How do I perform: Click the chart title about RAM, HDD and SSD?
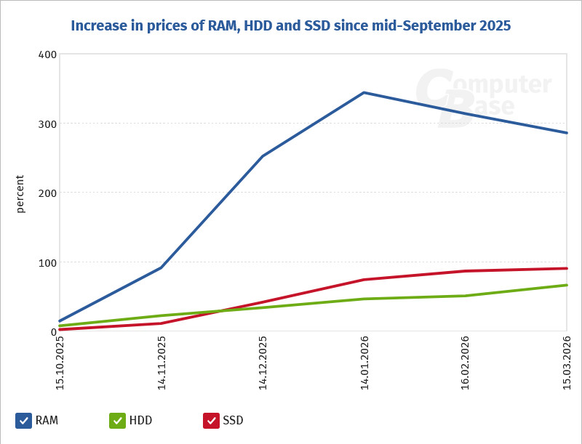click(x=291, y=26)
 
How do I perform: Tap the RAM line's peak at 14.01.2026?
click(x=364, y=92)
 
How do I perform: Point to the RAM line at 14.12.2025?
click(x=263, y=156)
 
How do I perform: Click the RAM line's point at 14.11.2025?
click(x=162, y=267)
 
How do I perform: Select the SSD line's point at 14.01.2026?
click(x=364, y=280)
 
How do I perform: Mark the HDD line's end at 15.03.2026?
click(x=566, y=285)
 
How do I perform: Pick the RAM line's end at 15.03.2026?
click(x=566, y=133)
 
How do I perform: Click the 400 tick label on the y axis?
click(x=47, y=55)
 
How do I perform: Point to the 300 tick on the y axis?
click(x=47, y=124)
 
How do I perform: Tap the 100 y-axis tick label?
click(x=47, y=262)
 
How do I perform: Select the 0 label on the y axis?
click(x=52, y=331)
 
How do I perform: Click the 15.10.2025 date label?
click(x=60, y=363)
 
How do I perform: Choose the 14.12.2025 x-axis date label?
click(x=263, y=363)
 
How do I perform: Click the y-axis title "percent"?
click(x=20, y=193)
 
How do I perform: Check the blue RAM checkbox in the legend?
click(x=23, y=421)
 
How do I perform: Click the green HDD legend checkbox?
click(x=117, y=421)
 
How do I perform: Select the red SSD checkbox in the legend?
click(x=211, y=421)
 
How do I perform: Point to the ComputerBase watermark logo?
click(x=483, y=97)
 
